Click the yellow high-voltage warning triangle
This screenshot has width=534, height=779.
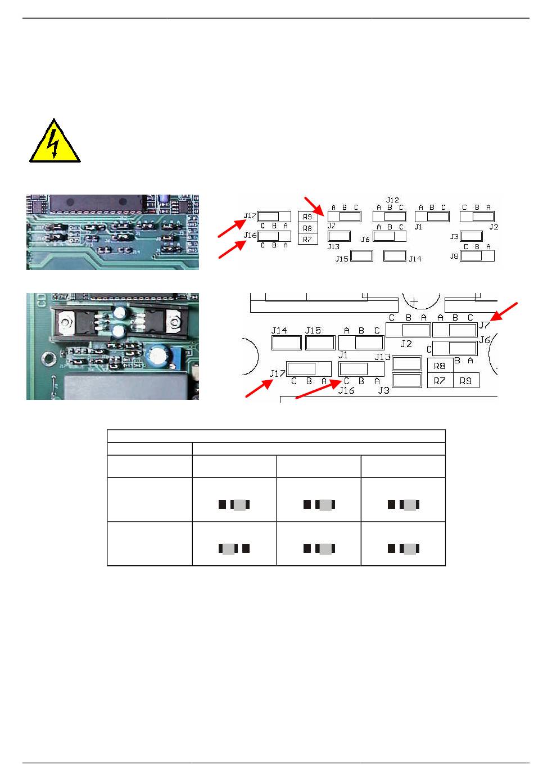[x=55, y=143]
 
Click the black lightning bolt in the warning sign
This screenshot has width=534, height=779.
[x=53, y=143]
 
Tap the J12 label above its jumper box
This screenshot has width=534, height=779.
[x=392, y=200]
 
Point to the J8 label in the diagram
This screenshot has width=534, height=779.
[x=454, y=256]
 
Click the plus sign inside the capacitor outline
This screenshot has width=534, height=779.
[x=414, y=301]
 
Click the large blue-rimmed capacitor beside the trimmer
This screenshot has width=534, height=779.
[x=159, y=355]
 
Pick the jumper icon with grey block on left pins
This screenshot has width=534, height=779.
[x=234, y=549]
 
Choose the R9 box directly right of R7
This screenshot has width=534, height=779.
[x=466, y=380]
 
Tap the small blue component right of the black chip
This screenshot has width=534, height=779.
[x=162, y=199]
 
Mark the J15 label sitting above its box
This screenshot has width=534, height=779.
[x=313, y=330]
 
